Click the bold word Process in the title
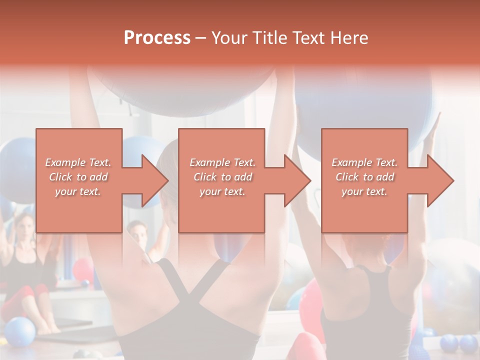pos(157,38)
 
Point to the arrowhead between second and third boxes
pos(296,180)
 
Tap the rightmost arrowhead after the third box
pos(439,180)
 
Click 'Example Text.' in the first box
pos(78,162)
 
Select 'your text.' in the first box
pos(78,191)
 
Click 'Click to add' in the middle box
pos(222,177)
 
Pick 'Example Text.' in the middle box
pos(222,162)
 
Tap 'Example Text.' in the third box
pos(364,162)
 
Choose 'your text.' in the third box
pos(364,191)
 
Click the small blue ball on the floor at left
pos(20,331)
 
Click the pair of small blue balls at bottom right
pos(459,343)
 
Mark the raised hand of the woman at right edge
pos(434,127)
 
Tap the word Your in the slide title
pos(229,38)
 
